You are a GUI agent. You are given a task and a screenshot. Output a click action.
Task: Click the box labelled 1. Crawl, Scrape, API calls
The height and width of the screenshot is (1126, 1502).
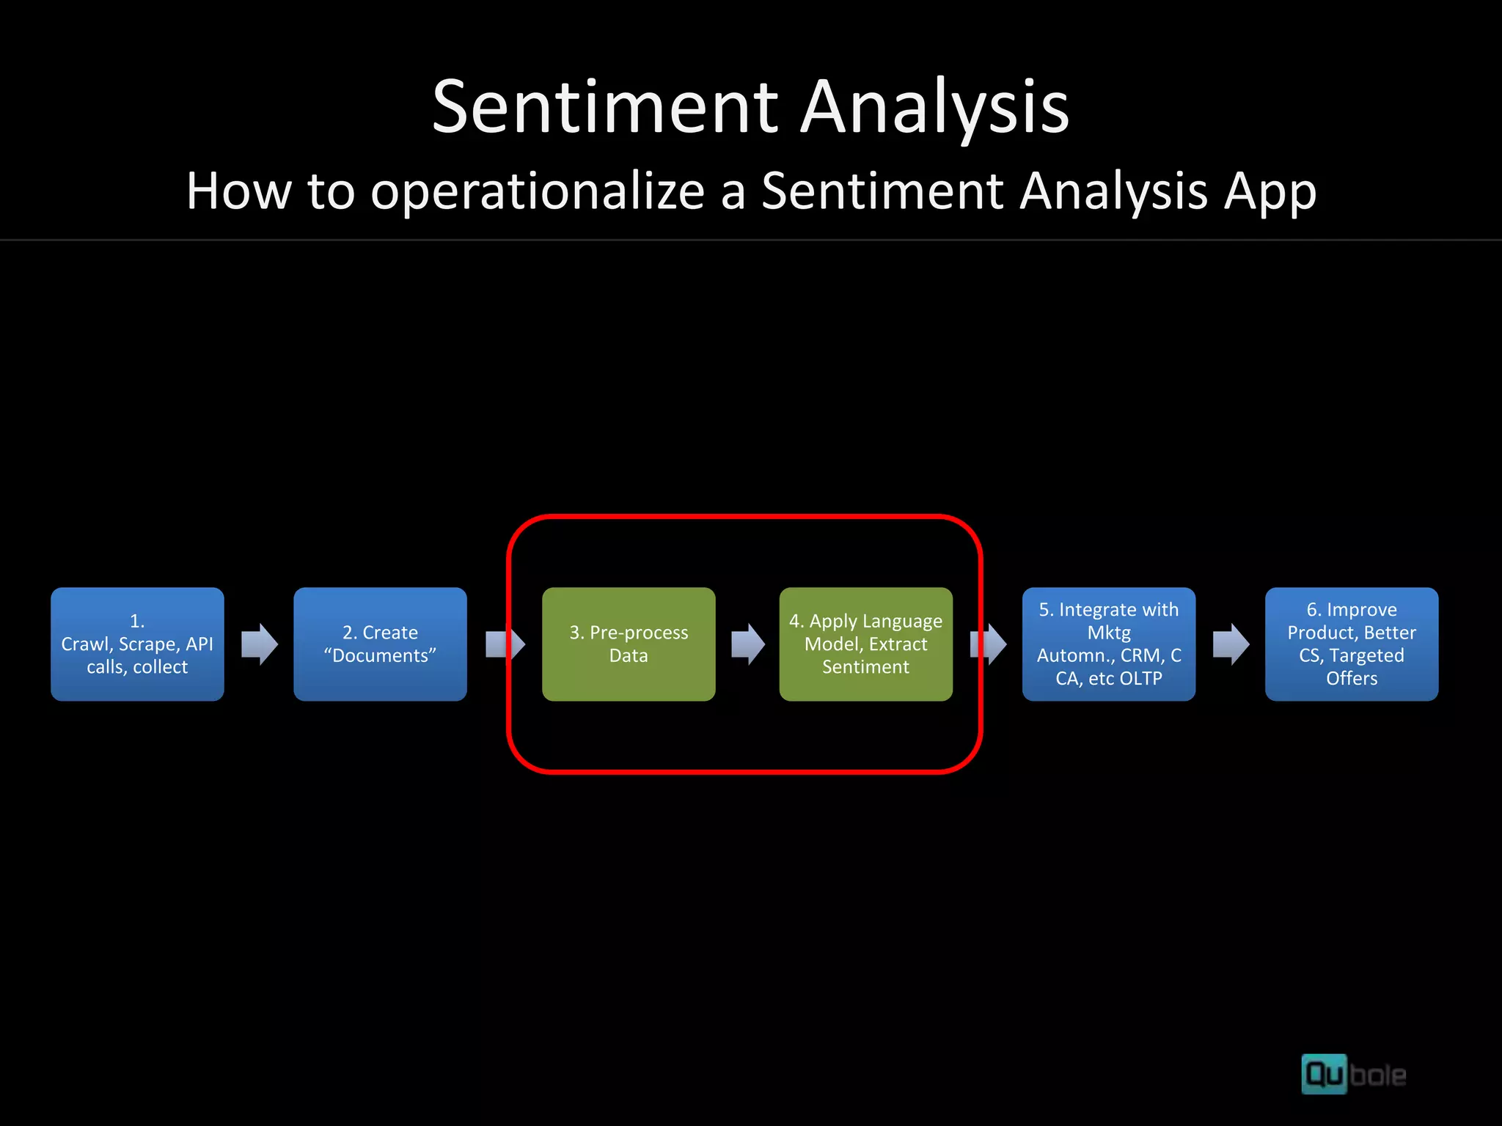click(x=137, y=644)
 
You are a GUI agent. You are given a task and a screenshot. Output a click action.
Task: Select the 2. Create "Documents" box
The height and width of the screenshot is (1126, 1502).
click(x=380, y=644)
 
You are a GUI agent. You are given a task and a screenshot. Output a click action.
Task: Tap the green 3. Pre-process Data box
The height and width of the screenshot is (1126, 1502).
click(x=629, y=644)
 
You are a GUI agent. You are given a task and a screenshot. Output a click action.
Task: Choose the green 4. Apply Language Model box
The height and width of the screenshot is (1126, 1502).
click(x=865, y=644)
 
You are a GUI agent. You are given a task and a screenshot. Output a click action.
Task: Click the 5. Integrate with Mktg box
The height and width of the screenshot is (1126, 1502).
click(x=1108, y=644)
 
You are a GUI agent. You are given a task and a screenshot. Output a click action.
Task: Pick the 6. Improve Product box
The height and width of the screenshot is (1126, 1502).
click(x=1351, y=644)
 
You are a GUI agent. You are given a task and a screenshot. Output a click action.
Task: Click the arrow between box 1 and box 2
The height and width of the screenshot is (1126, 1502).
click(x=260, y=644)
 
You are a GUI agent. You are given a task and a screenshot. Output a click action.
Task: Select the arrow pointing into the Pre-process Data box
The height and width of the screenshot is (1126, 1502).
click(x=505, y=644)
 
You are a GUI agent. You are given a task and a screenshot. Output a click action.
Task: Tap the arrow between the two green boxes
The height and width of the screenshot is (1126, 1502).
click(x=748, y=644)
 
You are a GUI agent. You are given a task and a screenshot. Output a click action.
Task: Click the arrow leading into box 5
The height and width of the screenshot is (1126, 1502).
click(x=989, y=644)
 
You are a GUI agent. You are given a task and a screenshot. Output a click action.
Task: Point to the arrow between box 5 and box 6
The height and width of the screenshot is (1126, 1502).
click(x=1231, y=644)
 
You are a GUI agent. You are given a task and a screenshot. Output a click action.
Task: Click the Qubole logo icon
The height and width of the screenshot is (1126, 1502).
click(x=1324, y=1074)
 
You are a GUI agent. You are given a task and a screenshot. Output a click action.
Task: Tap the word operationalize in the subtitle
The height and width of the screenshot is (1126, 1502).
click(x=538, y=191)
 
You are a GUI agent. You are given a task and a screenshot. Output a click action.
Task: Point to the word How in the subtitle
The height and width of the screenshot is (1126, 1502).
click(x=238, y=191)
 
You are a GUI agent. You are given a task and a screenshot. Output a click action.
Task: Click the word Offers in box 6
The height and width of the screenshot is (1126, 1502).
click(x=1351, y=678)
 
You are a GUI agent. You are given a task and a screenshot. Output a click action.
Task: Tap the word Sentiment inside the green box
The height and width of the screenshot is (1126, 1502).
click(x=865, y=666)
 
